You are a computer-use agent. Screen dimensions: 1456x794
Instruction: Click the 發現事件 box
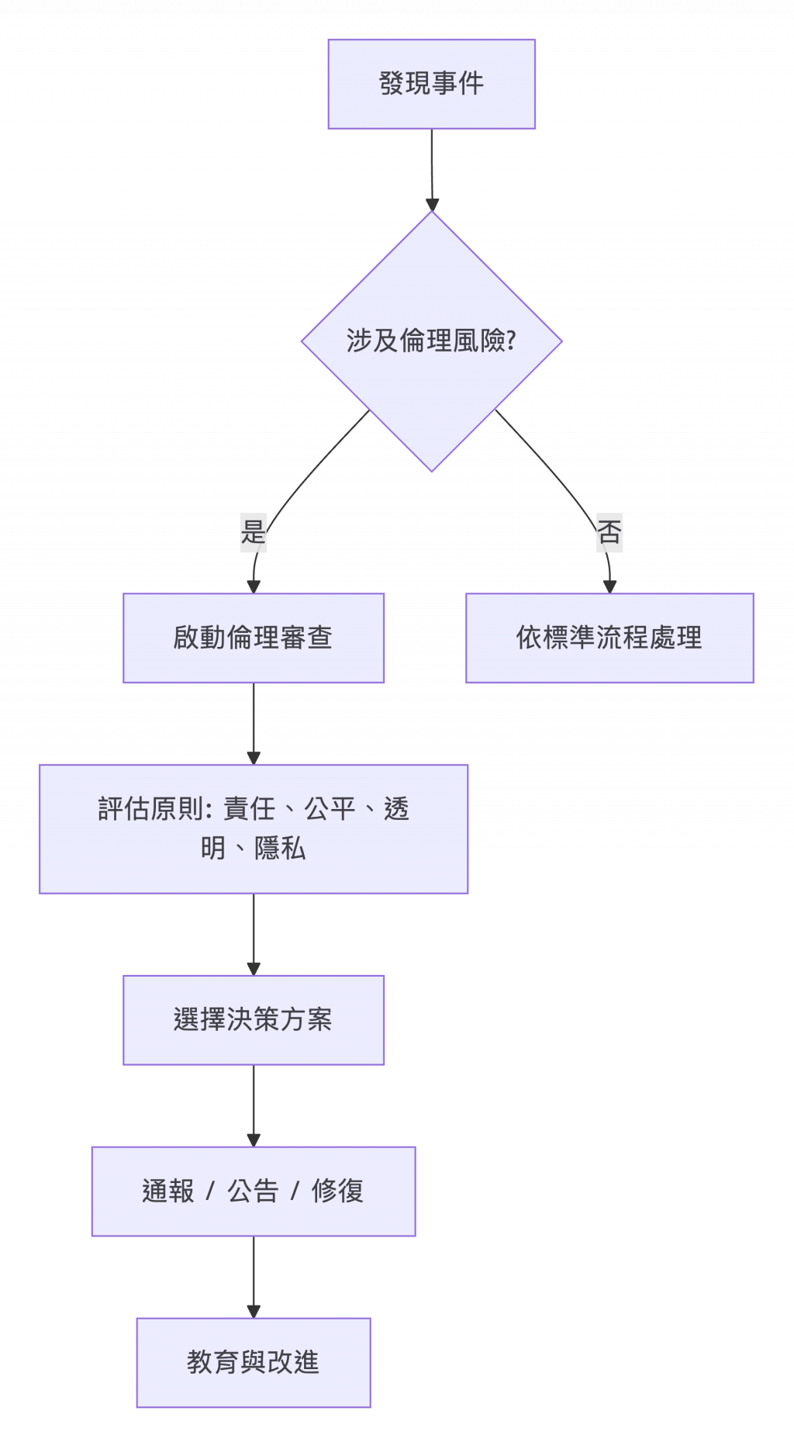[x=431, y=84]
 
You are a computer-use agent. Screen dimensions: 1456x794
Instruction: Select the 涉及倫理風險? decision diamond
[x=431, y=341]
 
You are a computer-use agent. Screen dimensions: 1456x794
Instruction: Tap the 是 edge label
[x=253, y=532]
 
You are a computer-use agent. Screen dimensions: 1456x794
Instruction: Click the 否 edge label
[x=609, y=532]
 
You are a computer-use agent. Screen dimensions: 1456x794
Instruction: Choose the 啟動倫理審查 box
[x=253, y=638]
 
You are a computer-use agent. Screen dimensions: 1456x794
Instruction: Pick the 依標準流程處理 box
[x=609, y=638]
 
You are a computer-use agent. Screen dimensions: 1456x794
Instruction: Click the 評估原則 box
[x=253, y=828]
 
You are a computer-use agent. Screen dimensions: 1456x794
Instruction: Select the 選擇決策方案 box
[x=253, y=1019]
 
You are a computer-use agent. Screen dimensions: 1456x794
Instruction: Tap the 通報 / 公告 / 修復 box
[x=253, y=1191]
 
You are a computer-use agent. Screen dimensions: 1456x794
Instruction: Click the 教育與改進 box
[x=253, y=1362]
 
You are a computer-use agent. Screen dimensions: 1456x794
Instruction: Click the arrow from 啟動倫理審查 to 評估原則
[x=254, y=723]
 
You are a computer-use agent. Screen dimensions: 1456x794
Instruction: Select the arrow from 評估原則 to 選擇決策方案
[x=254, y=934]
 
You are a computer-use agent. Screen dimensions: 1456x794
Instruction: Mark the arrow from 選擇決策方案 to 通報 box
[x=254, y=1105]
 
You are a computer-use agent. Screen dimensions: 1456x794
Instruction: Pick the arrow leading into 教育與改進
[x=254, y=1277]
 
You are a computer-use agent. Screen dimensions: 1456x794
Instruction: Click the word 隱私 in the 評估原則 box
[x=280, y=848]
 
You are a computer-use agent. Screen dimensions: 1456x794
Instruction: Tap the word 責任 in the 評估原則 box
[x=250, y=809]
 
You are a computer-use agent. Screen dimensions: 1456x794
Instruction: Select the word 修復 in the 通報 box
[x=337, y=1191]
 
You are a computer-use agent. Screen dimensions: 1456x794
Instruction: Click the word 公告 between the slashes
[x=253, y=1191]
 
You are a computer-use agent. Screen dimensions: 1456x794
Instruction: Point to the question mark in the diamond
[x=511, y=341]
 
